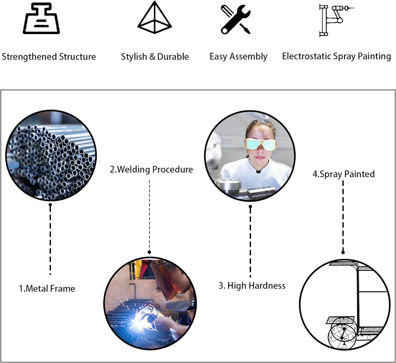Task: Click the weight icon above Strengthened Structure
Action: [41, 19]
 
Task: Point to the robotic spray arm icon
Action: [334, 20]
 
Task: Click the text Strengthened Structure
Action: [49, 57]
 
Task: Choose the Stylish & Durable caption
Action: [155, 57]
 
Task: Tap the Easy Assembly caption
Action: [238, 57]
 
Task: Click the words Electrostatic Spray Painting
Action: [336, 56]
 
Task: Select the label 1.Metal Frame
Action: [47, 288]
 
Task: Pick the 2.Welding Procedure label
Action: [151, 169]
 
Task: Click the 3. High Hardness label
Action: [252, 286]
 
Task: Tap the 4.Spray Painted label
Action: [343, 174]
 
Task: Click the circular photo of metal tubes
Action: [51, 156]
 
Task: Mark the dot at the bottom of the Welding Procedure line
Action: [149, 252]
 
